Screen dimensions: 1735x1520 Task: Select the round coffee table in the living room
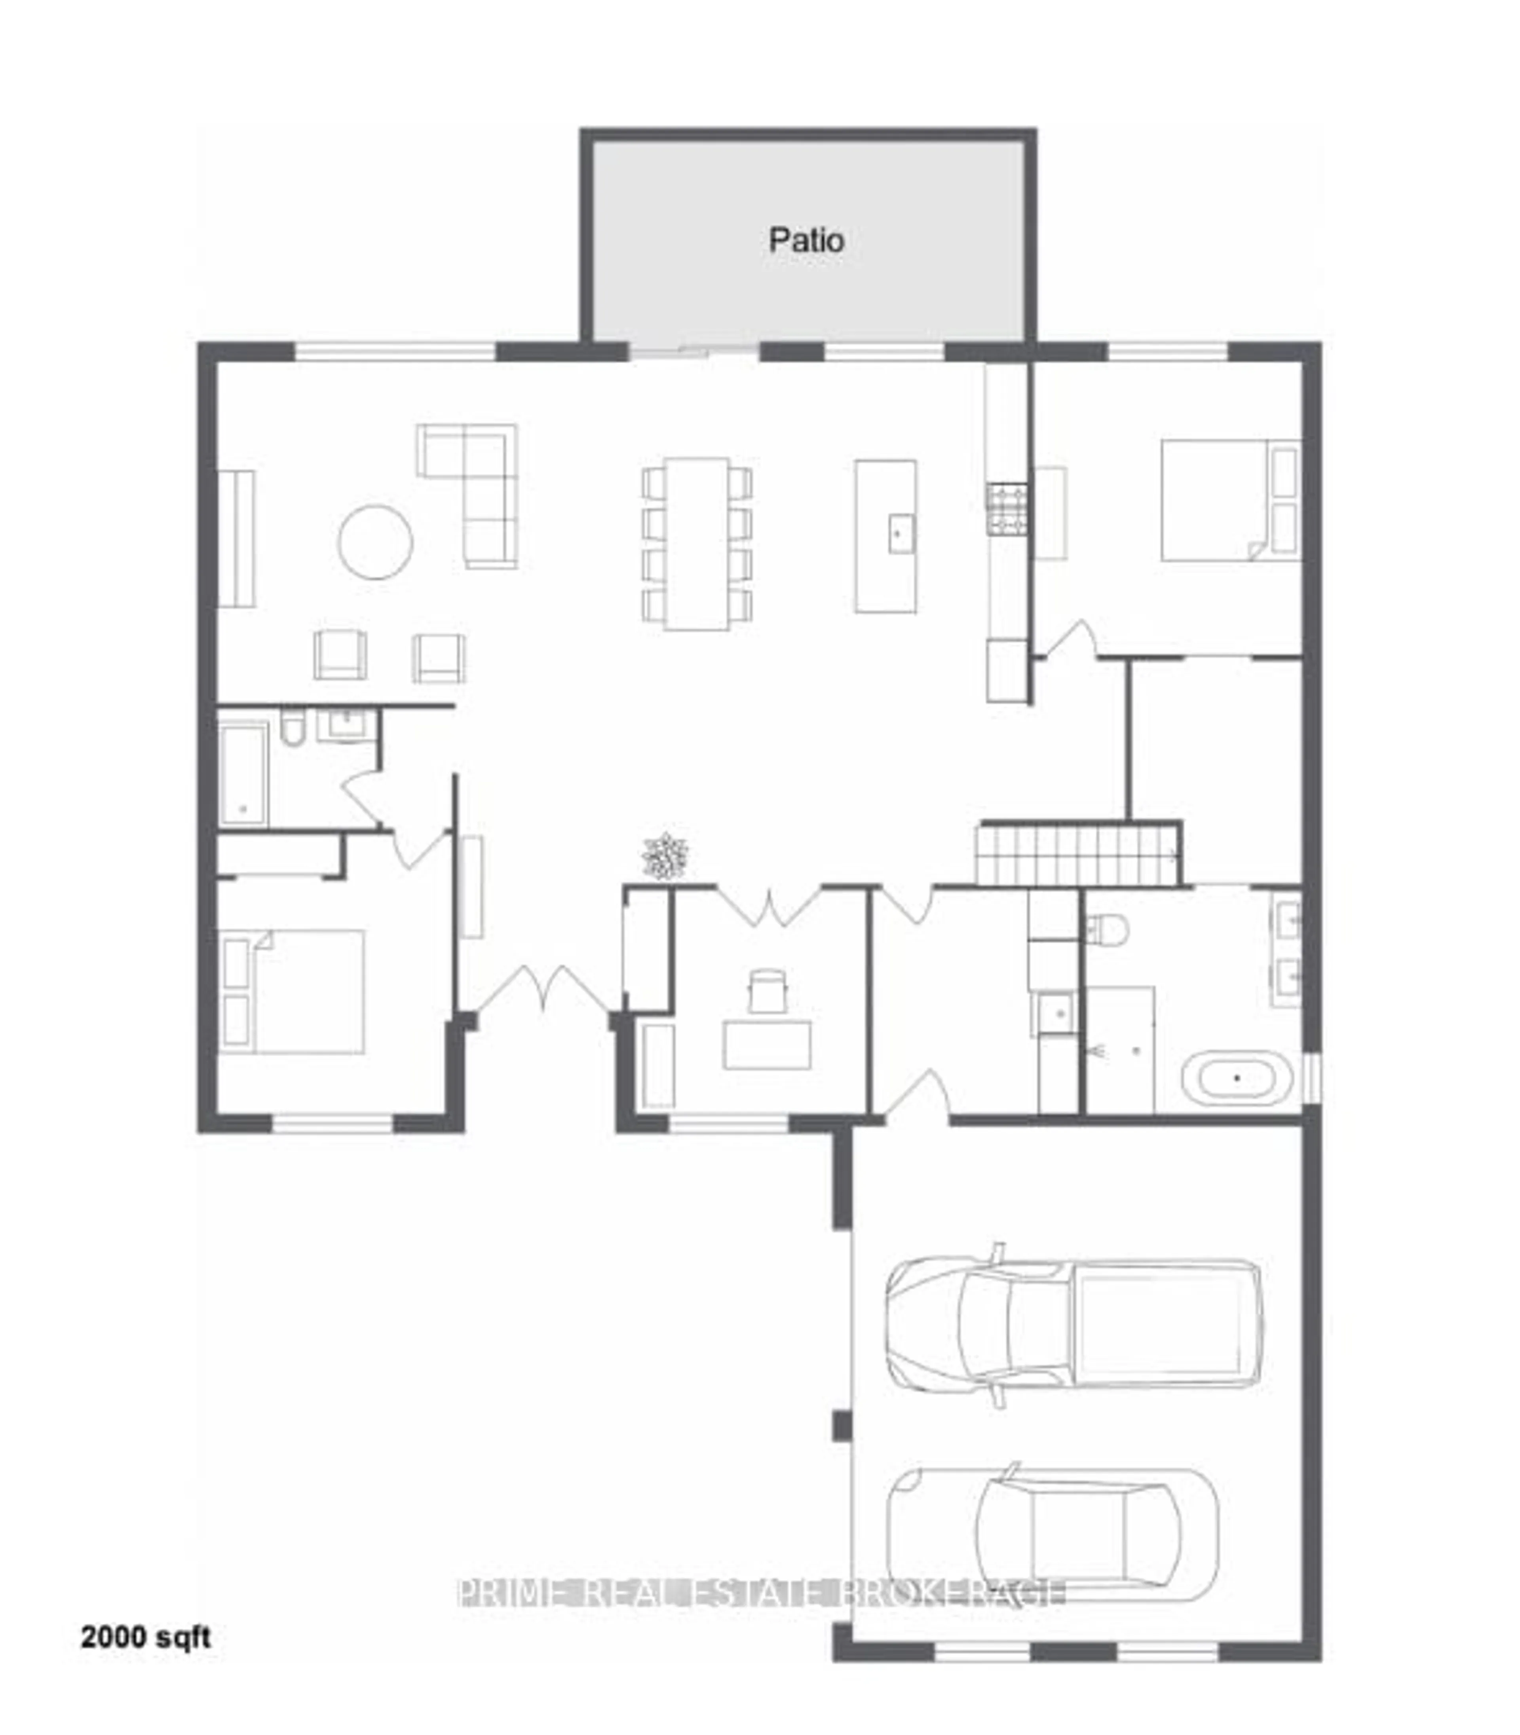pos(375,542)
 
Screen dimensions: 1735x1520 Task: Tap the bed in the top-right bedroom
pos(1230,500)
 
